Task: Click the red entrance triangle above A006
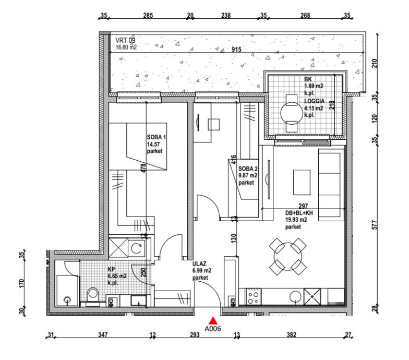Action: pyautogui.click(x=213, y=320)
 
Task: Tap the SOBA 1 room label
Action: pyautogui.click(x=157, y=137)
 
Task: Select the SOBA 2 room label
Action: pyautogui.click(x=248, y=169)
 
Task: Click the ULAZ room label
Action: pyautogui.click(x=199, y=264)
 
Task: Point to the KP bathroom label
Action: pyautogui.click(x=112, y=269)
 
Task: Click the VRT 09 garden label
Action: pyautogui.click(x=125, y=41)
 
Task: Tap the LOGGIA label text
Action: pyautogui.click(x=315, y=101)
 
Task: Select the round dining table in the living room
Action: pyautogui.click(x=288, y=257)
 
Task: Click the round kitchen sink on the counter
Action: pyautogui.click(x=295, y=296)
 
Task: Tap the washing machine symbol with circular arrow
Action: pyautogui.click(x=137, y=248)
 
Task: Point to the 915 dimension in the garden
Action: pyautogui.click(x=236, y=49)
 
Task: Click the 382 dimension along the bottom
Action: pyautogui.click(x=291, y=334)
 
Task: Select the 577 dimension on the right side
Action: pyautogui.click(x=375, y=225)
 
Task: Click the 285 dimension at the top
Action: pyautogui.click(x=148, y=16)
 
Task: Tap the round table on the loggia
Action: pyautogui.click(x=292, y=113)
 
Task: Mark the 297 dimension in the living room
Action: pyautogui.click(x=303, y=206)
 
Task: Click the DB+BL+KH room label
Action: pyautogui.click(x=299, y=213)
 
